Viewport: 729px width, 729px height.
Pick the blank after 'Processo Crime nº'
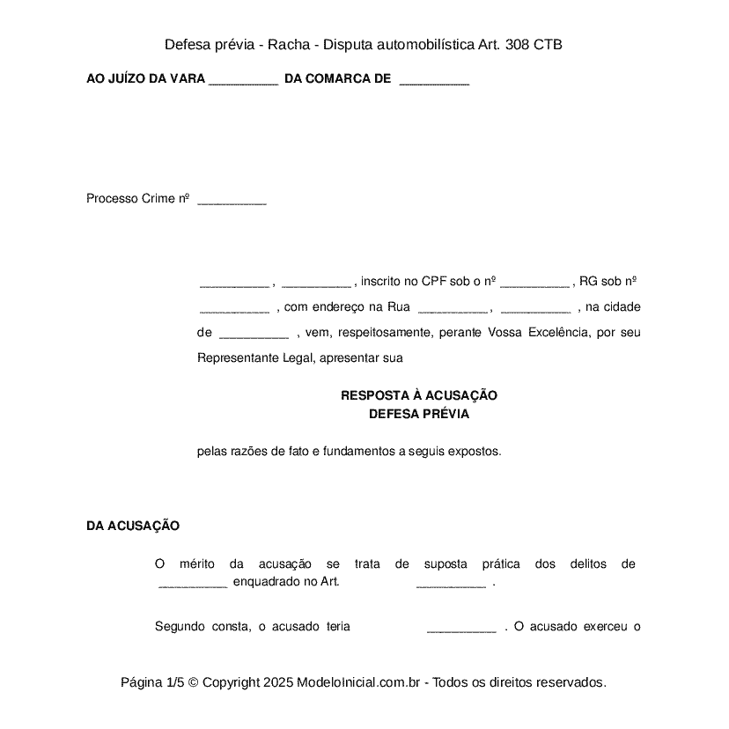232,201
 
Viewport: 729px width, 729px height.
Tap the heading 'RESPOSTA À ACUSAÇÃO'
419,396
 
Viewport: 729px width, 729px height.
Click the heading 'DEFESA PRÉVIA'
419,414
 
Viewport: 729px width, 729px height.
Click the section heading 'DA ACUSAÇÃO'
133,526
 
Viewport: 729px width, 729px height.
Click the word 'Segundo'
180,627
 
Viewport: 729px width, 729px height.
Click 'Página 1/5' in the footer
152,682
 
